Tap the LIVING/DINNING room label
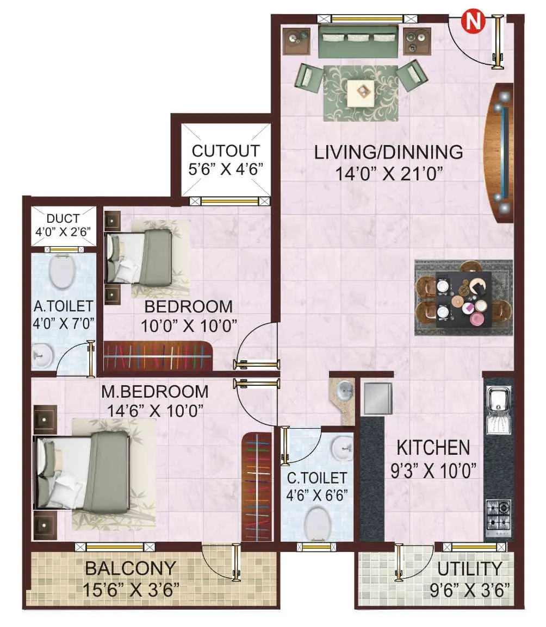[389, 152]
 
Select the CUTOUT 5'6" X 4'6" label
[226, 159]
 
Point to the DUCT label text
[63, 219]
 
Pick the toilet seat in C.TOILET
[319, 521]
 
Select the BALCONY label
[131, 569]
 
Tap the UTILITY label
[470, 569]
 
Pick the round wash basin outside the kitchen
[343, 390]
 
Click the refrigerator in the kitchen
[377, 399]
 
